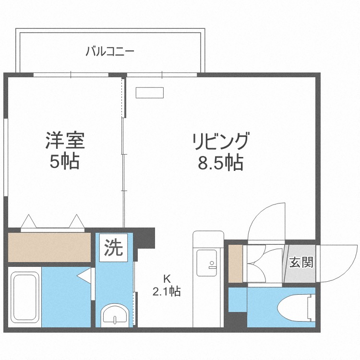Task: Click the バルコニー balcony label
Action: [x=109, y=51]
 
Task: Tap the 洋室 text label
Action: [x=65, y=142]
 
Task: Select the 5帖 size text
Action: [x=65, y=162]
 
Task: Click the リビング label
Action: [x=221, y=143]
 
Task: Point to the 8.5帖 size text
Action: [x=221, y=164]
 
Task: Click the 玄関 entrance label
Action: [x=301, y=263]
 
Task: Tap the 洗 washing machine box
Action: [x=114, y=248]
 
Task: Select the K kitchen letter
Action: [x=167, y=278]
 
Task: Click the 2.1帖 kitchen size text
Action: [x=167, y=291]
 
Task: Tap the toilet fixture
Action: [x=295, y=307]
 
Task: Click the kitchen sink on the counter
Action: [x=208, y=264]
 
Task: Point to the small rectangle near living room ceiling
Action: [x=150, y=93]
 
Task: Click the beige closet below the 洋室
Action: [x=49, y=247]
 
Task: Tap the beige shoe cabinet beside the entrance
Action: [x=235, y=264]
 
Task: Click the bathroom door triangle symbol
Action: [x=84, y=276]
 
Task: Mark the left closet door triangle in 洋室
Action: [x=29, y=221]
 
